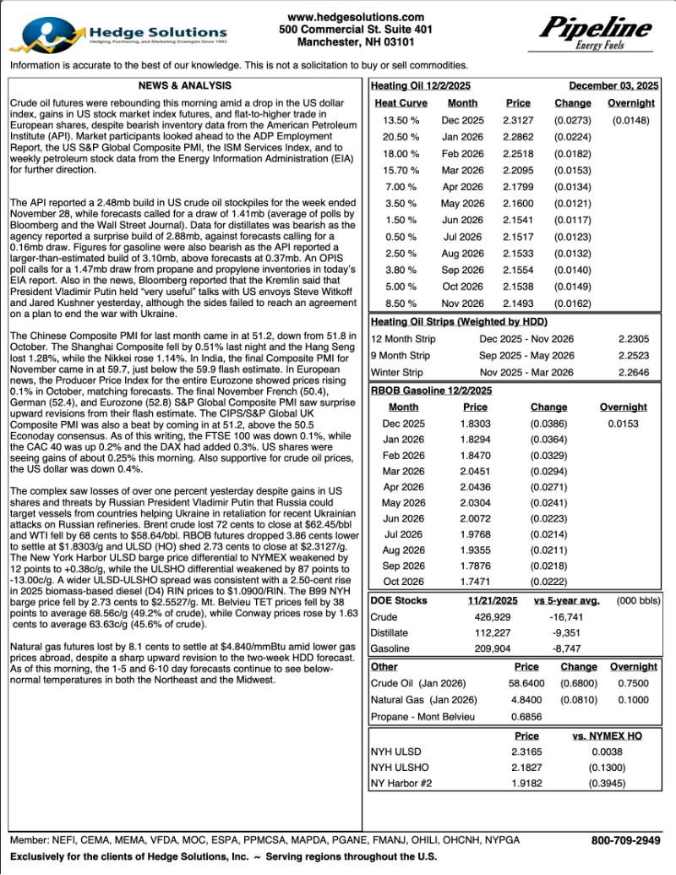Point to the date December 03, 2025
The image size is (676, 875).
click(613, 85)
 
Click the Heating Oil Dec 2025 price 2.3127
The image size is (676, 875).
click(518, 120)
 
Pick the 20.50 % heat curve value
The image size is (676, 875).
click(400, 137)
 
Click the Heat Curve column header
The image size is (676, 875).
click(401, 103)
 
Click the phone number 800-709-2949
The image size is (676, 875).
click(625, 840)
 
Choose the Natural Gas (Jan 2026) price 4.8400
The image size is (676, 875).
click(526, 700)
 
